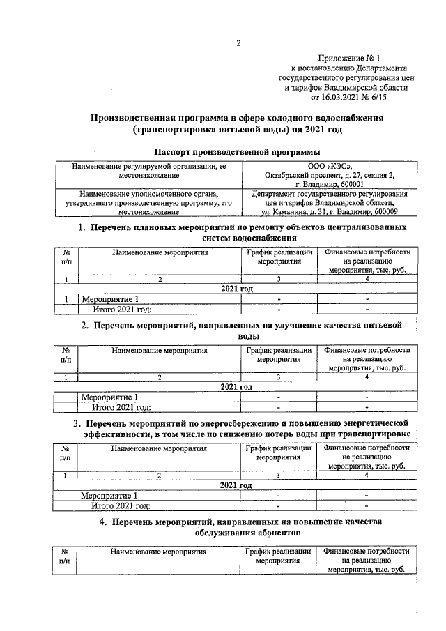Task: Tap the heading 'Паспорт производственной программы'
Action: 237,151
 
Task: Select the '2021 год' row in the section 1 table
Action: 237,289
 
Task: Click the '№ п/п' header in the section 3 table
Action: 66,453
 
